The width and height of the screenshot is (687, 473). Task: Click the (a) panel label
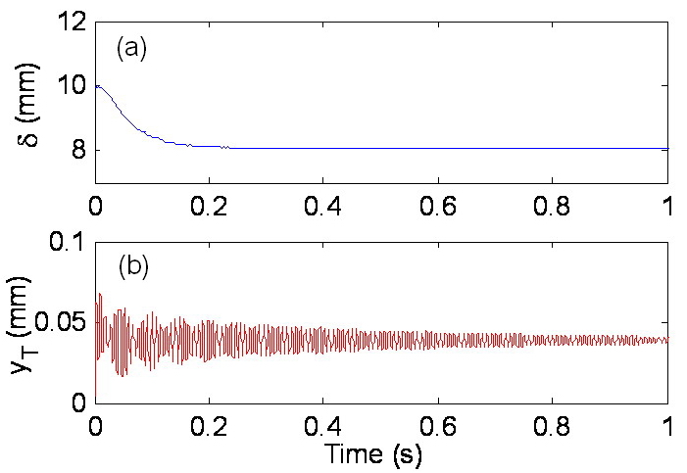[131, 48]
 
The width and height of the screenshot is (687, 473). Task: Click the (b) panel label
[132, 266]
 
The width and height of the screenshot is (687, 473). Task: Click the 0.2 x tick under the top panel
[209, 207]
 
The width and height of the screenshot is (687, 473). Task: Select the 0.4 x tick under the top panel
[323, 207]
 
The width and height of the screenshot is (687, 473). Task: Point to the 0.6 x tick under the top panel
[438, 207]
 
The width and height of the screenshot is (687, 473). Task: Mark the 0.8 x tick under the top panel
[553, 207]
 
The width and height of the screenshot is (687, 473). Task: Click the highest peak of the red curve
[99, 293]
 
